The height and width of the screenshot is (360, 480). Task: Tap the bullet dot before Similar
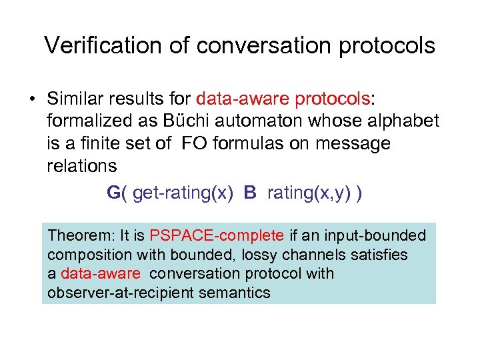tap(31, 100)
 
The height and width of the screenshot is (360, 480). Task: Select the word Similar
tap(77, 99)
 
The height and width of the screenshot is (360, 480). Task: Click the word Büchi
tap(191, 121)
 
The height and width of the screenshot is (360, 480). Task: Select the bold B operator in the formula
tap(250, 193)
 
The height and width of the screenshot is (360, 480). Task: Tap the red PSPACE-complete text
tap(217, 235)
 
